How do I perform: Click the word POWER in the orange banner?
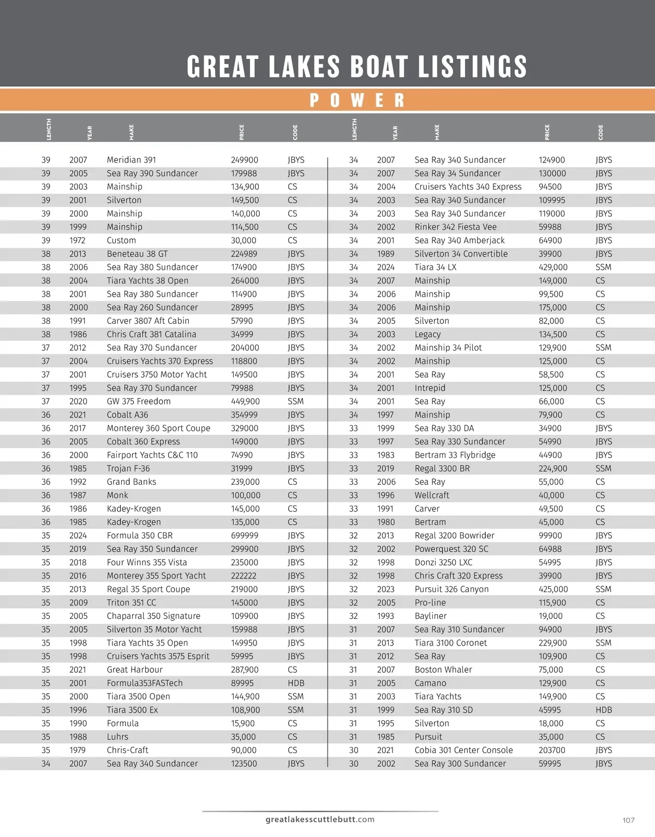click(357, 100)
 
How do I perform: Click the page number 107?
click(628, 820)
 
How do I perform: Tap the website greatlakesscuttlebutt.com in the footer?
click(320, 819)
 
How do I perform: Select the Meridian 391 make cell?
click(131, 160)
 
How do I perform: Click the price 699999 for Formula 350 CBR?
click(245, 535)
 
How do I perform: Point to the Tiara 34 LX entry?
click(435, 267)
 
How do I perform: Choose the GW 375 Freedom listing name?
click(139, 401)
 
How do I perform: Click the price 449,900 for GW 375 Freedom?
click(245, 401)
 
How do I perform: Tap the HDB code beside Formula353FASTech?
click(296, 683)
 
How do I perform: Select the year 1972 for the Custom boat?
click(78, 240)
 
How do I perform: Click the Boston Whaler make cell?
click(443, 670)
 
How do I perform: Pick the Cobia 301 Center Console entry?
click(463, 750)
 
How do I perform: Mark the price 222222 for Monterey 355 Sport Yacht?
click(243, 576)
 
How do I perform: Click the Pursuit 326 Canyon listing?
click(451, 589)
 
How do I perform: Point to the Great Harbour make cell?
click(134, 670)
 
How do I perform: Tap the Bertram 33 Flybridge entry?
click(455, 455)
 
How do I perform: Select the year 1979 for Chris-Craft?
click(78, 750)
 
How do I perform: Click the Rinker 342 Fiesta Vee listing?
click(455, 227)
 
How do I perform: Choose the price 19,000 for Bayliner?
click(550, 616)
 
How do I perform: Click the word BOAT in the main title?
click(379, 67)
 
